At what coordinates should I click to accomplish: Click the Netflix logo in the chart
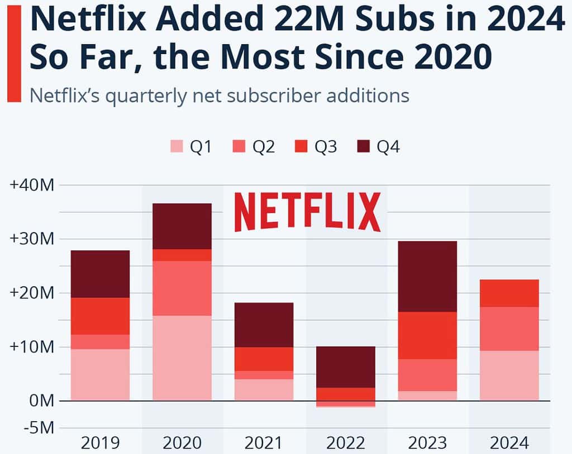307,212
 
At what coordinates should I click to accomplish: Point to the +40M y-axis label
32,185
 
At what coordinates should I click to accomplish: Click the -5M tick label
37,428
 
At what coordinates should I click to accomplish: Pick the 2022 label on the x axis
346,443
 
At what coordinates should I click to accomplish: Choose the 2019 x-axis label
100,443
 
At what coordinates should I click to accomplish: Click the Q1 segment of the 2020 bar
182,358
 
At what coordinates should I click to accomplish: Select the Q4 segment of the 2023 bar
427,276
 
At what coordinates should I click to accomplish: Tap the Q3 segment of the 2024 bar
509,293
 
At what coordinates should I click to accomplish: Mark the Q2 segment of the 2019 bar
100,342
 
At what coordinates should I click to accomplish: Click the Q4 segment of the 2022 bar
346,367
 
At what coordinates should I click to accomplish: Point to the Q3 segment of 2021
264,359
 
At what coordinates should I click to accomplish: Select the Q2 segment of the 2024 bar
509,329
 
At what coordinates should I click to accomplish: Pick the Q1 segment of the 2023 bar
427,395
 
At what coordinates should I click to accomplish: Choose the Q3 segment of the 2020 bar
182,255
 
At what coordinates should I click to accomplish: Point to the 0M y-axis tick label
41,400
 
